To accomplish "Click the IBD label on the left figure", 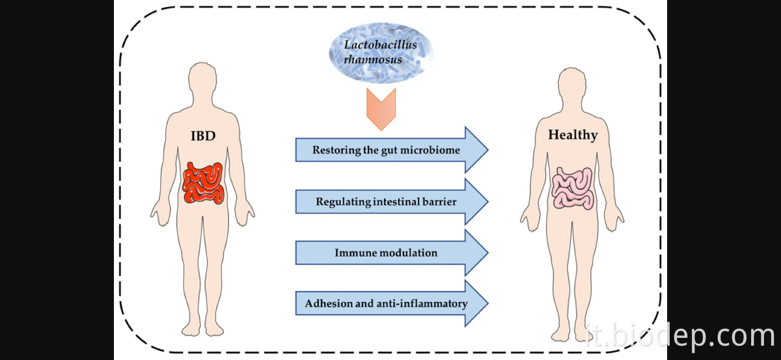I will pos(203,137).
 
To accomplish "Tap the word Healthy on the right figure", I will pos(572,135).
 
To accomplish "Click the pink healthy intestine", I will pos(573,188).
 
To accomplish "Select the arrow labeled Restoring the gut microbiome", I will pos(390,150).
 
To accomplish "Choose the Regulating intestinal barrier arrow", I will pos(390,202).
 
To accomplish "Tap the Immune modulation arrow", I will pos(390,253).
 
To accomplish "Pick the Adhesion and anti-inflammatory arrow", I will pos(390,303).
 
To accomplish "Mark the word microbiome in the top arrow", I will pos(435,150).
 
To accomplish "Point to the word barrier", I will pos(439,202).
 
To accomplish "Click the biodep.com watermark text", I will pos(679,336).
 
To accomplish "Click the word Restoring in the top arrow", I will pos(336,150).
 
